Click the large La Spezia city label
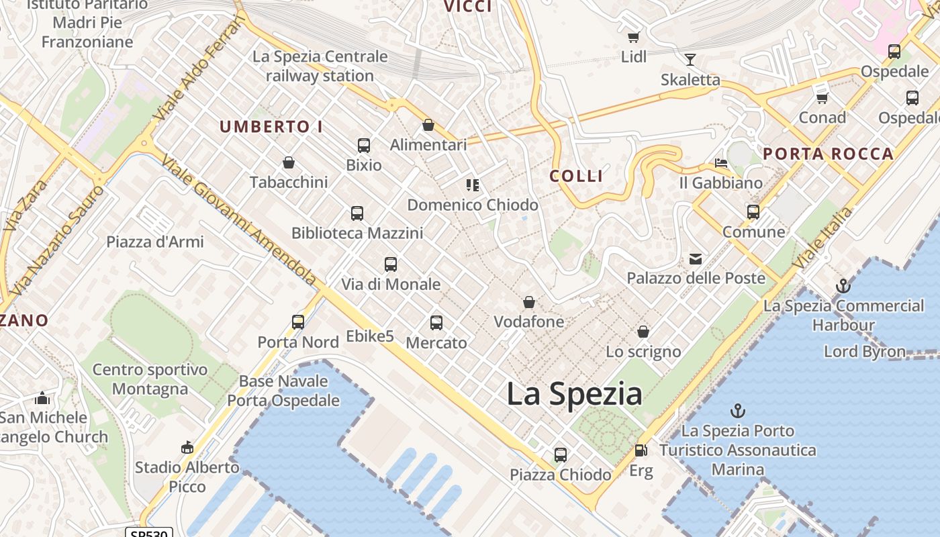574,394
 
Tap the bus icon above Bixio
363,146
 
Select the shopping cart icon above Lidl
633,37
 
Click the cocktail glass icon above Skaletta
690,60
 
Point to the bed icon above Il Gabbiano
721,163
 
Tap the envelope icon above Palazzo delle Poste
696,258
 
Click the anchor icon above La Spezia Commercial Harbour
843,287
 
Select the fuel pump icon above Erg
641,451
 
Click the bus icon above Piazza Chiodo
561,455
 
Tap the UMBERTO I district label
271,126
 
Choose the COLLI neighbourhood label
576,176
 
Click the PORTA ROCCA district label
828,154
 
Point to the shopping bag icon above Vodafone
529,302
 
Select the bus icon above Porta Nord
298,322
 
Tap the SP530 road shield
149,533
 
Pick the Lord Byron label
864,351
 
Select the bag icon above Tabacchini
289,162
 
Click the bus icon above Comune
753,212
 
